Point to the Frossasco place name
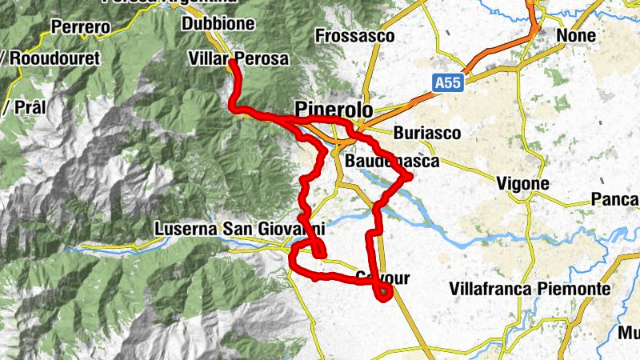click(x=355, y=36)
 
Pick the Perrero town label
click(x=80, y=27)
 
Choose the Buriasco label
click(x=427, y=133)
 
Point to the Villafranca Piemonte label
click(x=530, y=288)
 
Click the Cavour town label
click(x=382, y=278)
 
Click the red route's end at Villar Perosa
click(x=232, y=62)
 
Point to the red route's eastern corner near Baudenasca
click(x=409, y=176)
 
